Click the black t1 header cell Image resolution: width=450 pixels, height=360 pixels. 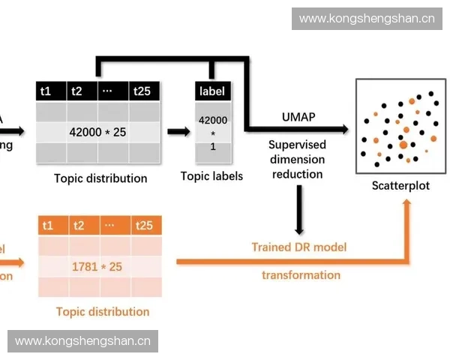[x=50, y=91]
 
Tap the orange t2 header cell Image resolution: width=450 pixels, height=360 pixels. [x=82, y=226]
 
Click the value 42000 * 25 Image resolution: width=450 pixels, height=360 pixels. [x=97, y=132]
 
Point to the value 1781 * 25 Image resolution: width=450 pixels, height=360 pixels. [x=97, y=266]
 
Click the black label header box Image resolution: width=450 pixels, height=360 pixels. [x=212, y=91]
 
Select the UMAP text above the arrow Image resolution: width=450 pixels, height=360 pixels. [x=298, y=117]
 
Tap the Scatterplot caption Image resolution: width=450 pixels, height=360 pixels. [x=400, y=185]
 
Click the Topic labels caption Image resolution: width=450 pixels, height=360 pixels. [x=212, y=176]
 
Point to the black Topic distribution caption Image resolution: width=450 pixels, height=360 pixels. [x=100, y=178]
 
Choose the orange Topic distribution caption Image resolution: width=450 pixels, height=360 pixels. [x=103, y=311]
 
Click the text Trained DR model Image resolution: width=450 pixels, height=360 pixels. [x=299, y=247]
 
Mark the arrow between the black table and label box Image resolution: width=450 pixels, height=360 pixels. [x=178, y=132]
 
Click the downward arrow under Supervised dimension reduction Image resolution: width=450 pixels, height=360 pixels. [x=299, y=210]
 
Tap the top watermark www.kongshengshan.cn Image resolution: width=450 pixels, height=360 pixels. [x=366, y=18]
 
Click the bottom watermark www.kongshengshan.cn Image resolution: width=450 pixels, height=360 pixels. [x=83, y=341]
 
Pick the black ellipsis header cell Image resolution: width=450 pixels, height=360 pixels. [x=106, y=91]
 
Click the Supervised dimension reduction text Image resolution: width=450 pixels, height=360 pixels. [x=298, y=159]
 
